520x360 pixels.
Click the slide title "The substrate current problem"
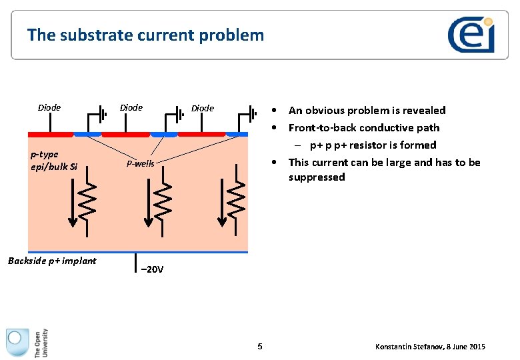[145, 35]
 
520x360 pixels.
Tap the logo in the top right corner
[471, 35]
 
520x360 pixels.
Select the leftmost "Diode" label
[49, 107]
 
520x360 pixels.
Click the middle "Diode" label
[131, 107]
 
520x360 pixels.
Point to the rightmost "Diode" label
[203, 108]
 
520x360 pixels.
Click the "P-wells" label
[140, 163]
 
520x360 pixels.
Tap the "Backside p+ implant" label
[52, 261]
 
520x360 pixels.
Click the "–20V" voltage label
[151, 270]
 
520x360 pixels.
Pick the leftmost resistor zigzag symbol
[89, 200]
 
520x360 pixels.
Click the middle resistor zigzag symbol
[162, 200]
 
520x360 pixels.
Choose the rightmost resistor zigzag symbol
[235, 200]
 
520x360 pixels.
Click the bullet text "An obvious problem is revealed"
[367, 111]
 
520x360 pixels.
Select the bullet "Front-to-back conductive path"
[363, 128]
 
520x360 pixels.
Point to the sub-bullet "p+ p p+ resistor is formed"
[373, 145]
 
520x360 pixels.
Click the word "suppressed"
[317, 177]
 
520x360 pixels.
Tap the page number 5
[260, 346]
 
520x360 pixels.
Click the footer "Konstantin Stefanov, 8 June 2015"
[430, 347]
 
